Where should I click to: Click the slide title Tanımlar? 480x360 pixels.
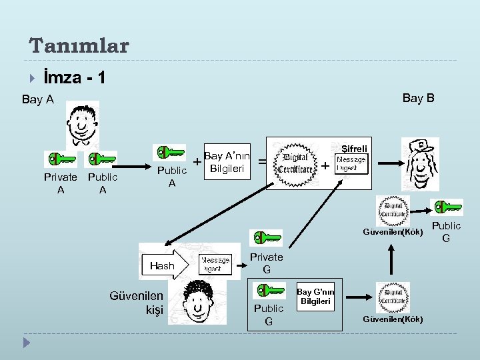coord(79,45)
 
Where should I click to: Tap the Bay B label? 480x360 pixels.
coord(418,98)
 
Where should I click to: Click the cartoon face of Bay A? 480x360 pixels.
coord(82,123)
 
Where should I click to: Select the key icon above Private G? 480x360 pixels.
coord(265,238)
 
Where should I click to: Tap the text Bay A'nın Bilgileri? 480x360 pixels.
coord(226,161)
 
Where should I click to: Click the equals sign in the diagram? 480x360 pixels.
coord(262,162)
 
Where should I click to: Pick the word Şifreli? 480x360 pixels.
coord(353,148)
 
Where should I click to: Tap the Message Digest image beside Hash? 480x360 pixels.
coord(215,265)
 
